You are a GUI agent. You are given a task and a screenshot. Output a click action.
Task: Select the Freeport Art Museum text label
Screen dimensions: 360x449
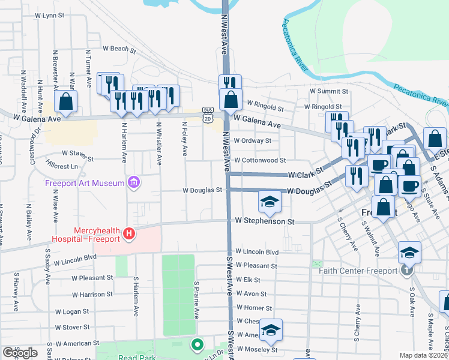[x=84, y=182]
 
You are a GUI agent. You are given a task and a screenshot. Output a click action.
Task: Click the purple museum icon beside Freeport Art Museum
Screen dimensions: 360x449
[x=133, y=182]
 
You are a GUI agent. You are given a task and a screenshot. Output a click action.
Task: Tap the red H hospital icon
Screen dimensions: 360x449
[x=127, y=234]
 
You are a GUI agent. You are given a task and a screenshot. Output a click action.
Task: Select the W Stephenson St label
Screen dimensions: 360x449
[x=265, y=221]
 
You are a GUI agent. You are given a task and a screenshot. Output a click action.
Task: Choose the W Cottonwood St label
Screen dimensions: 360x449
[x=259, y=161]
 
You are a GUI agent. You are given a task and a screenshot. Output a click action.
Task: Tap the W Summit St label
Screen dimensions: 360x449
[x=329, y=91]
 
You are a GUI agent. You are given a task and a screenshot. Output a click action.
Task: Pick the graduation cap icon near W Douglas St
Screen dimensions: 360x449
[x=270, y=202]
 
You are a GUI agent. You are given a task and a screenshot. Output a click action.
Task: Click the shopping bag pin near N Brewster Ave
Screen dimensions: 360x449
[x=66, y=101]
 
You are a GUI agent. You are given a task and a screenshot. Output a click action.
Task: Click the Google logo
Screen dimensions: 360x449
[x=20, y=353]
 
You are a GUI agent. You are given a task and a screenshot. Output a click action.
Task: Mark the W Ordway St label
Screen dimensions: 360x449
[x=252, y=141]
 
